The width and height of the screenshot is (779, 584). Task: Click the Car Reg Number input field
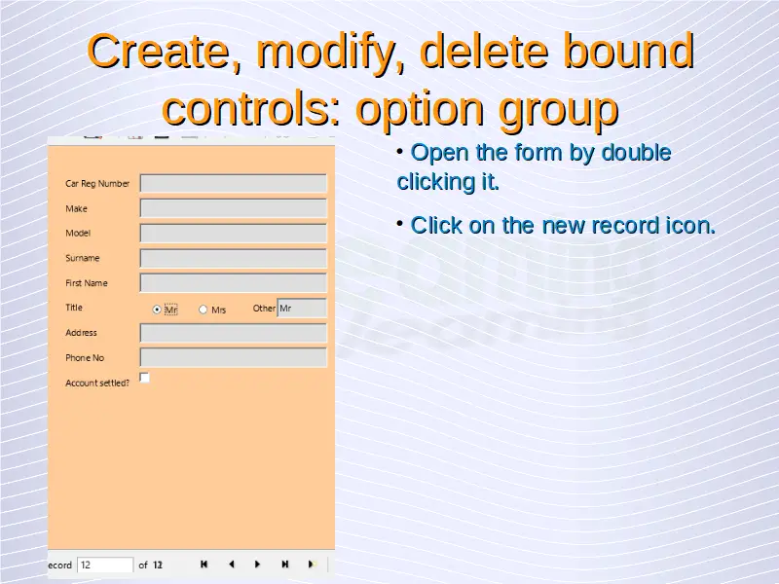pos(233,183)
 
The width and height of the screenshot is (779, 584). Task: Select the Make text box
pos(233,208)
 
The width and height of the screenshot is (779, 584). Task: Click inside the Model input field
pos(233,233)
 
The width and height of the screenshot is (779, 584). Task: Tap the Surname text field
pos(233,258)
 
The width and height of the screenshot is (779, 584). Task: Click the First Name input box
pos(233,283)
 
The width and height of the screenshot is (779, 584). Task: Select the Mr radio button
pos(157,310)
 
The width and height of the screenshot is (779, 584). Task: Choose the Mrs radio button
pos(203,310)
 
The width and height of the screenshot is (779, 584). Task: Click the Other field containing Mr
pos(302,308)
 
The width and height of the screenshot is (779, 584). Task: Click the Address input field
pos(233,333)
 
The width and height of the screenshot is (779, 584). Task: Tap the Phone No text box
pos(233,357)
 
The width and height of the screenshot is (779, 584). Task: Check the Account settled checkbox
pos(144,378)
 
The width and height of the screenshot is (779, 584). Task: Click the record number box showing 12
pos(105,566)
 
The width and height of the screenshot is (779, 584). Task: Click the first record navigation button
pos(204,565)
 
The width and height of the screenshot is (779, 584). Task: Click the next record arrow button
pos(257,565)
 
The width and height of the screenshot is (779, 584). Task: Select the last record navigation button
pos(284,565)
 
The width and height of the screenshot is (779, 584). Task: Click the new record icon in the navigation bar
pos(312,565)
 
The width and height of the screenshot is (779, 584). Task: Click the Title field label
pos(74,308)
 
